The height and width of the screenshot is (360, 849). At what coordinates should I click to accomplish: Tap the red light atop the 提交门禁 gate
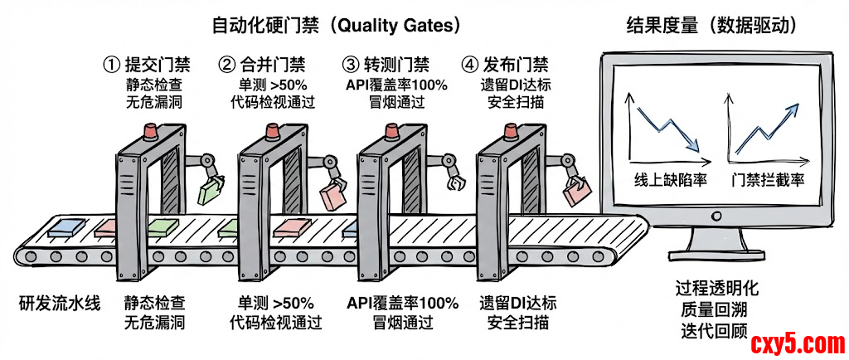point(150,129)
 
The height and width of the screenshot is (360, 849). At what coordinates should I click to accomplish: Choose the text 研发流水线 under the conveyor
point(59,303)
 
